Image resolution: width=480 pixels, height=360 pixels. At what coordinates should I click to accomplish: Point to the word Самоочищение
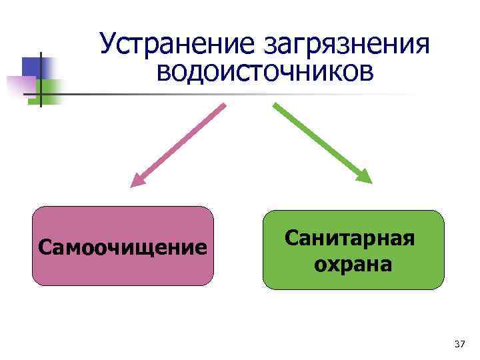(123, 247)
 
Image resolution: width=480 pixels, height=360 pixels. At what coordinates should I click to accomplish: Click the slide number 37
(459, 344)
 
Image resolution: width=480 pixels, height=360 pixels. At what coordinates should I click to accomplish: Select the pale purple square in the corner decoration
(20, 85)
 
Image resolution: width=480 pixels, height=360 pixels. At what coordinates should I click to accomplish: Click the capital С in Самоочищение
(44, 248)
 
